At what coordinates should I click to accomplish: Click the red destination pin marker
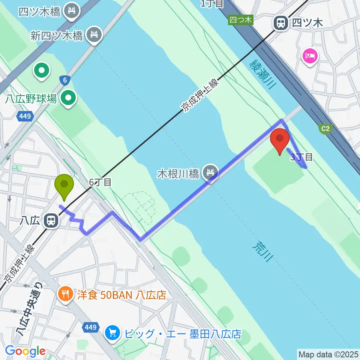(x=280, y=139)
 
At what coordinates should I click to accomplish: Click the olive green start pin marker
(x=64, y=185)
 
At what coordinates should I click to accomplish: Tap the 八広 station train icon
(x=50, y=220)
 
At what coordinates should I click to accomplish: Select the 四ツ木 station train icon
(x=280, y=23)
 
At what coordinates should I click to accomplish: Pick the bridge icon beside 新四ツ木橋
(x=94, y=35)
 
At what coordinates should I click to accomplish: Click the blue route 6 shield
(x=65, y=80)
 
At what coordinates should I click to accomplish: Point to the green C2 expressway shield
(x=325, y=129)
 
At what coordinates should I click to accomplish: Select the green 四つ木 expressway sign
(x=240, y=20)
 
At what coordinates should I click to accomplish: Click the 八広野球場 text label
(x=31, y=99)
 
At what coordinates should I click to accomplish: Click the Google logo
(x=25, y=351)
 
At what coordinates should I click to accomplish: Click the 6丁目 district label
(x=100, y=182)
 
